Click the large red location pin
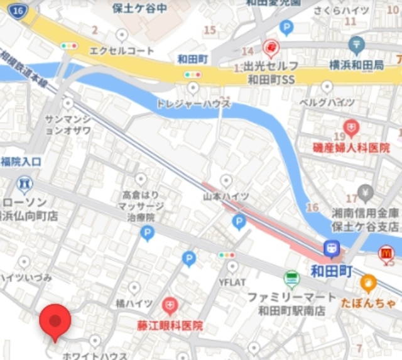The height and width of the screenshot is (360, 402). click(x=55, y=321)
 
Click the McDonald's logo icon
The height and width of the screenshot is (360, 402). click(x=386, y=253)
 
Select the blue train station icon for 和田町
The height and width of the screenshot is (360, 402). click(x=331, y=249)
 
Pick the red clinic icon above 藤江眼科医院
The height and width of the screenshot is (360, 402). click(x=170, y=307)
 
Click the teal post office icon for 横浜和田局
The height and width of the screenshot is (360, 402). click(x=357, y=45)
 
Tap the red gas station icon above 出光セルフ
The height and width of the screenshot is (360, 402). click(x=271, y=46)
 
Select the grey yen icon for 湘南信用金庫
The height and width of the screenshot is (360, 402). click(x=365, y=192)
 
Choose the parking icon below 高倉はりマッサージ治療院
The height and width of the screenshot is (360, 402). click(x=147, y=234)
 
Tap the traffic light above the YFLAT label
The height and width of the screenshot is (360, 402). click(x=227, y=256)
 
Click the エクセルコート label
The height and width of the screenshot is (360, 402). click(x=122, y=50)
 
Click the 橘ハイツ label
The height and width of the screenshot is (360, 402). click(x=134, y=303)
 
